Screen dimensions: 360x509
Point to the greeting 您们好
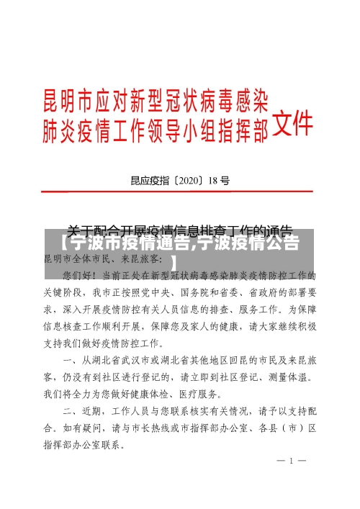coord(78,275)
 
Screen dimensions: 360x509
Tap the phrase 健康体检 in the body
coord(178,394)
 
